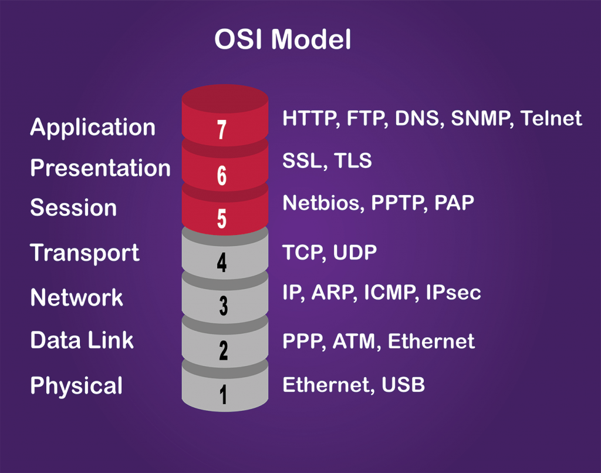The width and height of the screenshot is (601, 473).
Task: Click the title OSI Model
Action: [x=282, y=39]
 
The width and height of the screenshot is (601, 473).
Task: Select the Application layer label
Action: [x=93, y=128]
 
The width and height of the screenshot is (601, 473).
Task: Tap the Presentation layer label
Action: [x=100, y=168]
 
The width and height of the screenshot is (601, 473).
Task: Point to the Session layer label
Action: [x=73, y=207]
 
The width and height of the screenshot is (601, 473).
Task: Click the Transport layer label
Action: [x=85, y=253]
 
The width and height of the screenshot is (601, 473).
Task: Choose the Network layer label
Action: [x=77, y=297]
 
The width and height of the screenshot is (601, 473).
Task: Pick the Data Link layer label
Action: [x=82, y=340]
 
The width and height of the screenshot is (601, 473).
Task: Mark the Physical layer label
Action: [x=76, y=385]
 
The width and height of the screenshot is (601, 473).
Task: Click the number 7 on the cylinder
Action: [x=222, y=130]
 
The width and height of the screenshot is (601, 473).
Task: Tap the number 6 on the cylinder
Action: [x=222, y=176]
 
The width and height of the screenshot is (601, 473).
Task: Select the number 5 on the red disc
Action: [x=222, y=219]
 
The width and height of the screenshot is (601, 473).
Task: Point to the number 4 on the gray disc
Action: [x=222, y=263]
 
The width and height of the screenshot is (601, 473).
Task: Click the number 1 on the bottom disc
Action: [x=223, y=394]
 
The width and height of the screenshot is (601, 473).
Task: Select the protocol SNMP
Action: [x=482, y=118]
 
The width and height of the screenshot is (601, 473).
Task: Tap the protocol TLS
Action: [x=353, y=160]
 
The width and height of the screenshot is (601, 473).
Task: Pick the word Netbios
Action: [x=323, y=203]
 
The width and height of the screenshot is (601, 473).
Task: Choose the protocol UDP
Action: [x=355, y=253]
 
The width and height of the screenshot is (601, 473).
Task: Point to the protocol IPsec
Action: [x=454, y=292]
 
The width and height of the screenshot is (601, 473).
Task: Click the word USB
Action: [x=403, y=385]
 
